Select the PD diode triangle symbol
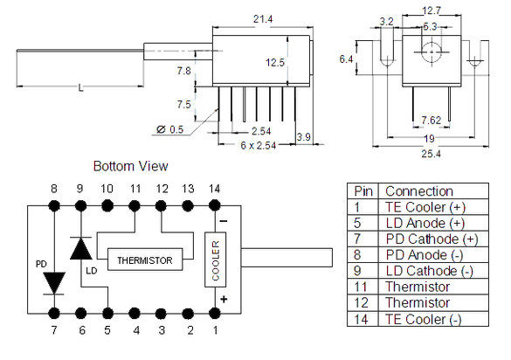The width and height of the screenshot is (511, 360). coord(54,283)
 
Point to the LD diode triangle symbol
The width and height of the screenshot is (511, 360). coord(81,248)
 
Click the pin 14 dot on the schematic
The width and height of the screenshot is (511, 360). coord(214,205)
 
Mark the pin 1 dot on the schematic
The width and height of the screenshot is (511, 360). coord(214,314)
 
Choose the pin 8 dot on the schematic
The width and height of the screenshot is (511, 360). coord(54,205)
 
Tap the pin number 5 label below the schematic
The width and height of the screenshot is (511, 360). coord(107,330)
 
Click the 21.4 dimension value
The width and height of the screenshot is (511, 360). coord(263,19)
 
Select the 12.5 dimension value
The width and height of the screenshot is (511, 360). coord(275,62)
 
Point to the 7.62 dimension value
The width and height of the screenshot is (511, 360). coord(432,121)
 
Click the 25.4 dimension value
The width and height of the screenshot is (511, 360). coord(432,153)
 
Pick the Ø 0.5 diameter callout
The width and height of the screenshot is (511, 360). coord(169,129)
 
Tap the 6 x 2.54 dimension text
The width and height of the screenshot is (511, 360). coord(259,145)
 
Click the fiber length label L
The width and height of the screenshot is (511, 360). coord(80,87)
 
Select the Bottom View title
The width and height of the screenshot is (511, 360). coord(130,166)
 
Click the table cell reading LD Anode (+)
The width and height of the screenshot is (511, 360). coord(433,223)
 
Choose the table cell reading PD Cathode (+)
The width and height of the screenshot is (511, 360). coord(433,239)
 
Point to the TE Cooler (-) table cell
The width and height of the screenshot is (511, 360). coord(433,319)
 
